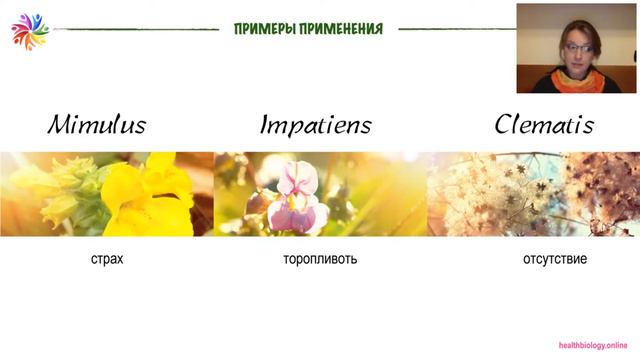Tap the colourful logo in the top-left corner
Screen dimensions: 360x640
[x=29, y=31]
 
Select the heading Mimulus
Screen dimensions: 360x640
[x=97, y=125]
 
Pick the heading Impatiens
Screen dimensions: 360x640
[x=316, y=126]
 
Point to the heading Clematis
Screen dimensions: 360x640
[x=545, y=125]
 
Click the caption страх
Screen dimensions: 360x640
[x=106, y=259]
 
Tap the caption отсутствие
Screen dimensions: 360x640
[x=554, y=259]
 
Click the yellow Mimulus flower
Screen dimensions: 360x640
[x=140, y=195]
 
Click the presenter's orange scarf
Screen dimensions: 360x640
[x=580, y=79]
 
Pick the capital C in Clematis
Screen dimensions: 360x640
[x=506, y=125]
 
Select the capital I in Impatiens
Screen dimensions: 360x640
[x=265, y=125]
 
